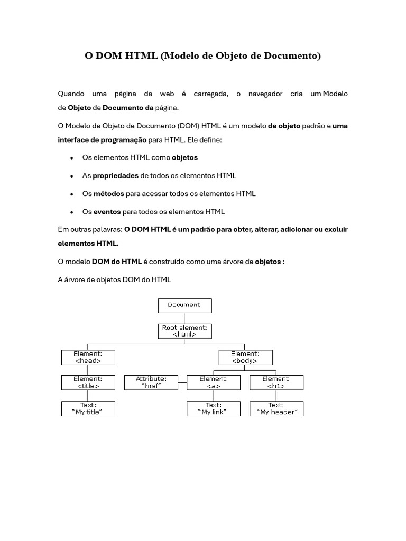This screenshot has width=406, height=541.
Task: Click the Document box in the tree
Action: pos(184,305)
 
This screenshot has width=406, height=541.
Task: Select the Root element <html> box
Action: pos(184,331)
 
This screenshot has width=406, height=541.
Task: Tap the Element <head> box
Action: pos(88,357)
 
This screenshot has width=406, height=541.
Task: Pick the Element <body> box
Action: pos(245,357)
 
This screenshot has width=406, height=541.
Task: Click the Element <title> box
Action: pos(88,383)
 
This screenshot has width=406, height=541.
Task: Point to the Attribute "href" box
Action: pos(151,383)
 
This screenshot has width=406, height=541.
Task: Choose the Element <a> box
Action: pos(213,383)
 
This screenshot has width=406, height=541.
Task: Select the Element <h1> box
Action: pos(276,383)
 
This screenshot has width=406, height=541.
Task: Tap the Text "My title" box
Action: pos(88,408)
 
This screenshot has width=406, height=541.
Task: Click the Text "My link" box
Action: pos(213,408)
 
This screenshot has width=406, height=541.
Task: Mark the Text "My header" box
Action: pos(276,408)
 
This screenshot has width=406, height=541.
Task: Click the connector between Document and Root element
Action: pos(184,318)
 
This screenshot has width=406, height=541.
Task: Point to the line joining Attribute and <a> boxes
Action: pos(182,383)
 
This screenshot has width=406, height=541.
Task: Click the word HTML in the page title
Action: pos(142,55)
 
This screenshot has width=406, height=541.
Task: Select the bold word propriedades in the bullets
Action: pos(115,175)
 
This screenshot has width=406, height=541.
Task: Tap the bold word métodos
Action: pos(108,194)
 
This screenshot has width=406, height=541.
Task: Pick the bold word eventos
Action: pos(107,212)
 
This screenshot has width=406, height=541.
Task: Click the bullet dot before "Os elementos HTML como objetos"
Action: pos(71,158)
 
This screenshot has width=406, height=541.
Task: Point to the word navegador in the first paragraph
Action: pos(263,94)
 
